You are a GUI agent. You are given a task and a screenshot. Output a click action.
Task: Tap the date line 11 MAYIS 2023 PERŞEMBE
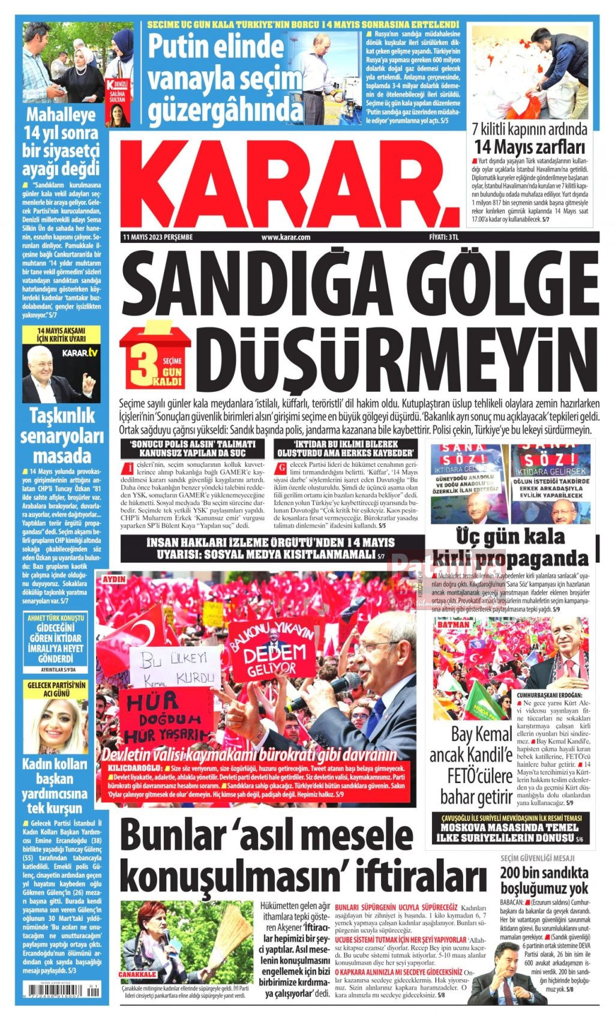(157, 238)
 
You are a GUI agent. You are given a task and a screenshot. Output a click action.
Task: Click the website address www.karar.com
(286, 238)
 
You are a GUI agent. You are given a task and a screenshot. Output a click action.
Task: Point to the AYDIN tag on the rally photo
(114, 580)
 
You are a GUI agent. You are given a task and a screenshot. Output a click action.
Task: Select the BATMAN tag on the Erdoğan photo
(454, 625)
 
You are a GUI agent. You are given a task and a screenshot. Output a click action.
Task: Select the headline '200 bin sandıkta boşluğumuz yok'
(544, 880)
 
